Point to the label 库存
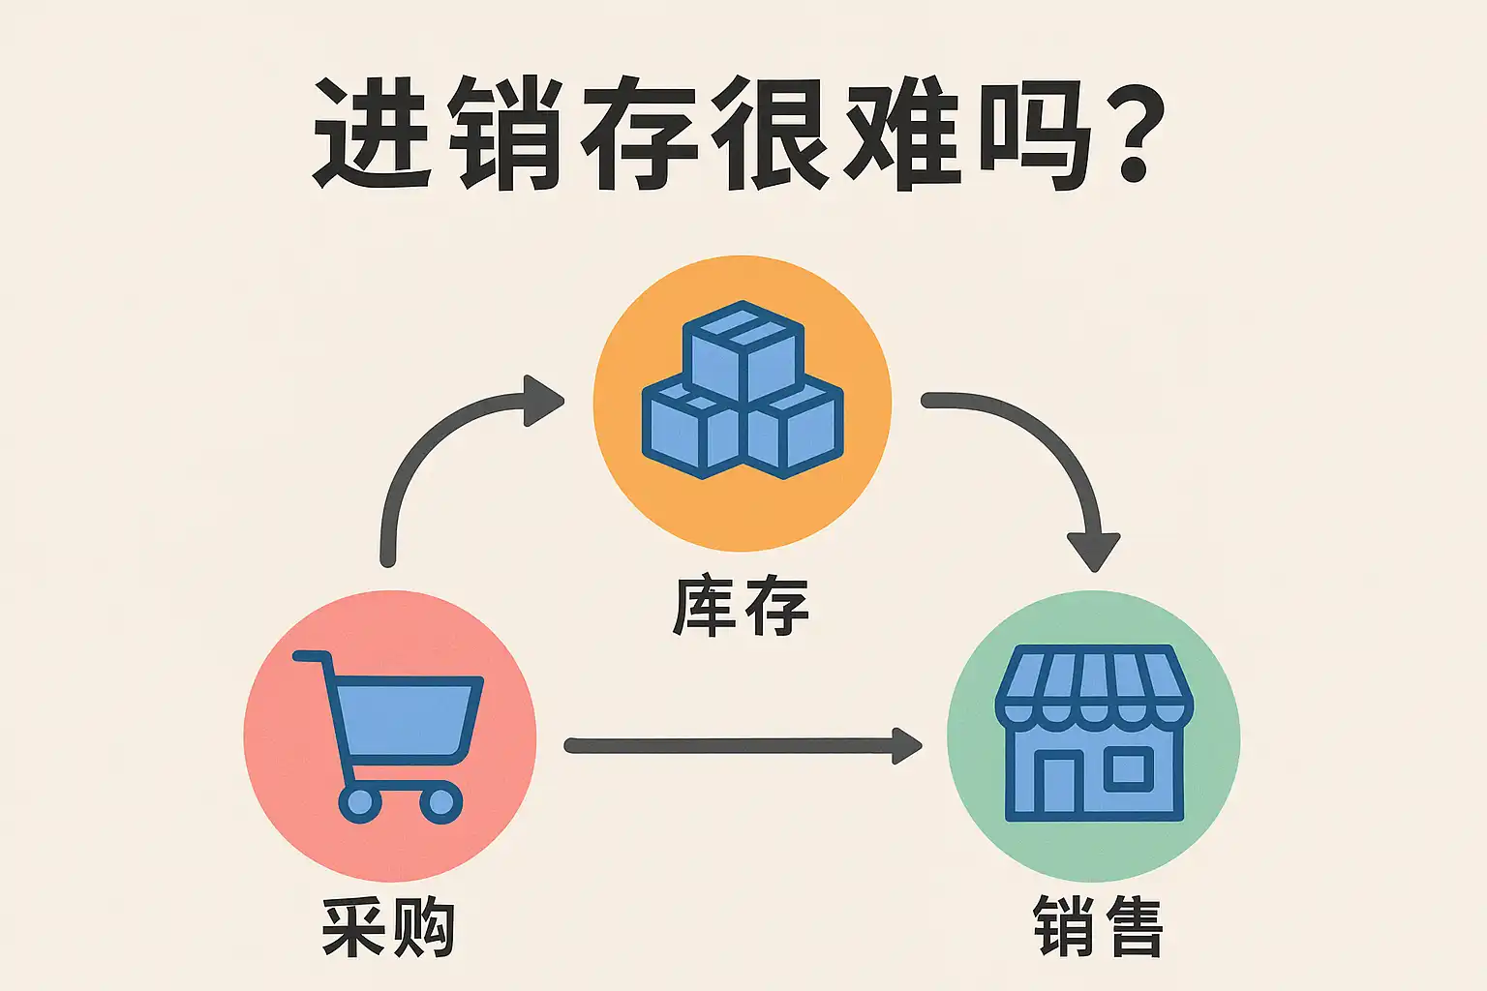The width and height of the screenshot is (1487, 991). [x=741, y=607]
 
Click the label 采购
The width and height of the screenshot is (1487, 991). [x=388, y=927]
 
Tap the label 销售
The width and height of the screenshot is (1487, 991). [x=1098, y=927]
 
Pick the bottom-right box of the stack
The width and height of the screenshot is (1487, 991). [x=794, y=430]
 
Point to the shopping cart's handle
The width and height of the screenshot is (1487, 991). [x=310, y=657]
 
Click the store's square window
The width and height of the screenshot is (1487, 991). [x=1128, y=769]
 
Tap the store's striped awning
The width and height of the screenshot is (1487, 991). [x=1094, y=682]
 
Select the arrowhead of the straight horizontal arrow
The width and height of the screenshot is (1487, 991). [x=906, y=745]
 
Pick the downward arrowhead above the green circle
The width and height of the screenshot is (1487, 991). [x=1094, y=552]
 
